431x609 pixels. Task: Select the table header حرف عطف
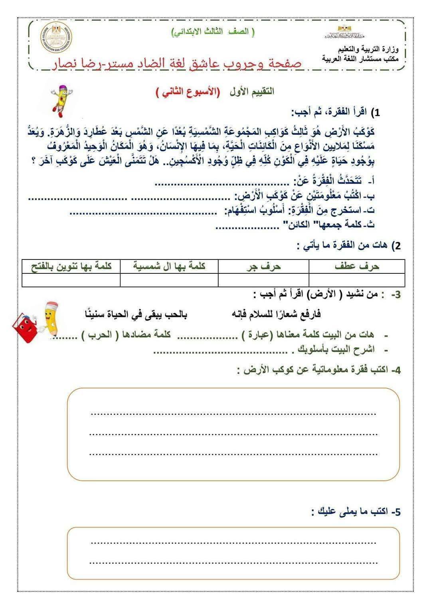coord(357,266)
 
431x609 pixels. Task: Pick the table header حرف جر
coord(263,266)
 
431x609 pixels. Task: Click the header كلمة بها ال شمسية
coord(169,266)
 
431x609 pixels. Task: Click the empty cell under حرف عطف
coord(357,280)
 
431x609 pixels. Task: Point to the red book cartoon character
coord(28,327)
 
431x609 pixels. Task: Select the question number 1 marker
coord(375,113)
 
